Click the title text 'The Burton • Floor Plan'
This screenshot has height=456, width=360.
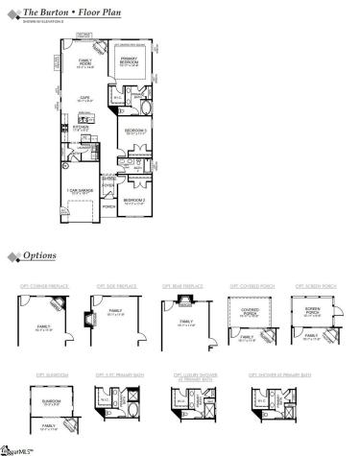tap(61, 9)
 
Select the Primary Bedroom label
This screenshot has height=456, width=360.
tap(129, 64)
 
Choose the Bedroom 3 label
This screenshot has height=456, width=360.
tap(134, 132)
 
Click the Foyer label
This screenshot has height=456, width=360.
tap(108, 186)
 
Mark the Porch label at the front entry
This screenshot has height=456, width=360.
tap(108, 204)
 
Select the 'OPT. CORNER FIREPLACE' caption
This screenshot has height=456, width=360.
tap(40, 286)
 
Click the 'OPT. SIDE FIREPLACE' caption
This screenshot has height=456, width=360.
tap(115, 286)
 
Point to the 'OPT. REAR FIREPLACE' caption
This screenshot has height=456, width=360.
tap(182, 286)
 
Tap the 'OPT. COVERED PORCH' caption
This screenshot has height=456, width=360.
tap(248, 286)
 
